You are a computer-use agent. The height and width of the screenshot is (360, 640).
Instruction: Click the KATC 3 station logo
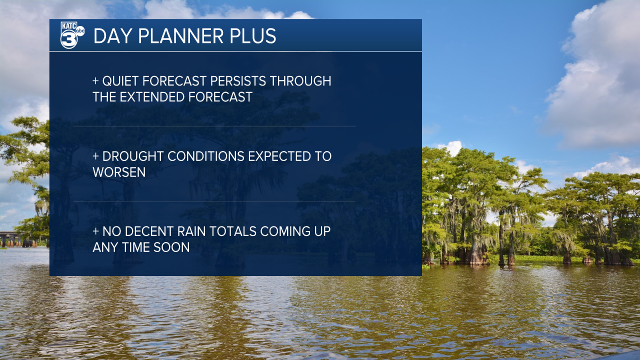pyautogui.click(x=72, y=35)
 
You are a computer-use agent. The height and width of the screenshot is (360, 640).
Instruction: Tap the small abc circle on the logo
pyautogui.click(x=80, y=31)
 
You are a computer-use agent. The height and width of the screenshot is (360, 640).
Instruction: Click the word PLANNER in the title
pyautogui.click(x=181, y=36)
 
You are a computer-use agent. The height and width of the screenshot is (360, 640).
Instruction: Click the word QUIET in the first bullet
pyautogui.click(x=120, y=81)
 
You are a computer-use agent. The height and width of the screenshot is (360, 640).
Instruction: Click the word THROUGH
pyautogui.click(x=300, y=81)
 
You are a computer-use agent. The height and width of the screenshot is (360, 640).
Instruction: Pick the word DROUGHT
pyautogui.click(x=133, y=156)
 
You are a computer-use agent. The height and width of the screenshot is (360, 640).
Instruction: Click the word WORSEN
pyautogui.click(x=119, y=172)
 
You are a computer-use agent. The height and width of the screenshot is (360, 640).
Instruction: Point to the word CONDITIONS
pyautogui.click(x=205, y=156)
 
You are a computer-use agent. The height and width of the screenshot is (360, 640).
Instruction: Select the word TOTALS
pyautogui.click(x=232, y=231)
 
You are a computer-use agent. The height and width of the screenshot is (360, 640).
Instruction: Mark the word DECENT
pyautogui.click(x=149, y=231)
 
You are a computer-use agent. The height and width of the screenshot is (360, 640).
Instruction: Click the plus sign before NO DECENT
pyautogui.click(x=95, y=231)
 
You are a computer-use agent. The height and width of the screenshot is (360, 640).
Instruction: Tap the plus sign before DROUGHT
pyautogui.click(x=95, y=156)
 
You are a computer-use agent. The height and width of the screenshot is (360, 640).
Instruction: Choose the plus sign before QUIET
pyautogui.click(x=95, y=81)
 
